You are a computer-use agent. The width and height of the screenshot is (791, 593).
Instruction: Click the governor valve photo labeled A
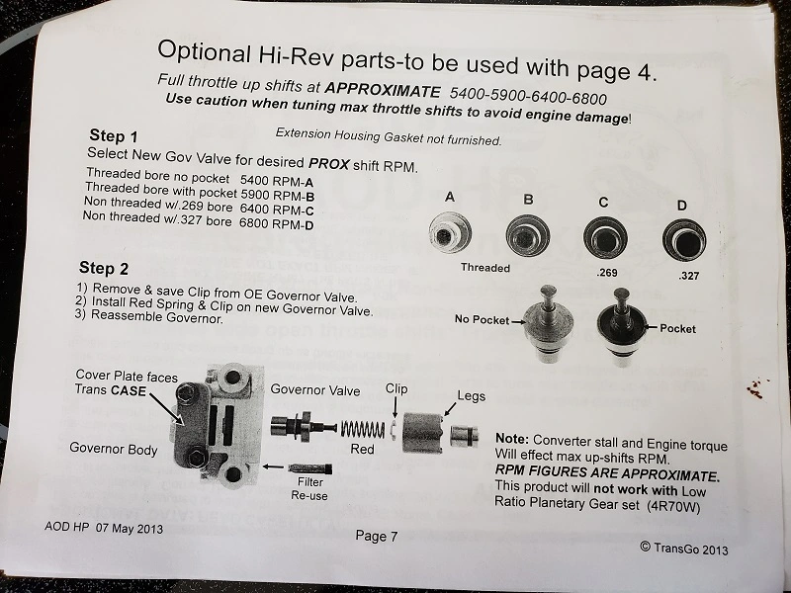(x=450, y=233)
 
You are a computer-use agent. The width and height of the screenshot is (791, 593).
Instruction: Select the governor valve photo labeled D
(x=684, y=240)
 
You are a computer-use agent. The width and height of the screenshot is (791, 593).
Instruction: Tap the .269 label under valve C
(x=606, y=273)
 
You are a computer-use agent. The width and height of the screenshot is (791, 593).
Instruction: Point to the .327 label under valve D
(x=688, y=276)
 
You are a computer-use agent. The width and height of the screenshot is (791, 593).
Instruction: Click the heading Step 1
(x=114, y=135)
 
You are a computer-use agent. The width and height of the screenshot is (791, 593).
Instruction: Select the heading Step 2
(x=104, y=268)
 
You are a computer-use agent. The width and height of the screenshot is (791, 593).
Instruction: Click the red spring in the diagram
(x=363, y=430)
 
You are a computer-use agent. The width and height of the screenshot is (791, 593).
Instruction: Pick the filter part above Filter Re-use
(x=309, y=468)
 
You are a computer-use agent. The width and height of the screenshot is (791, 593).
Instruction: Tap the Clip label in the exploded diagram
(x=396, y=388)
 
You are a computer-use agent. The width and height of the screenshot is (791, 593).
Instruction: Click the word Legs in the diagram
(x=472, y=396)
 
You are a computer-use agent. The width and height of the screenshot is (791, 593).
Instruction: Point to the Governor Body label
(x=114, y=449)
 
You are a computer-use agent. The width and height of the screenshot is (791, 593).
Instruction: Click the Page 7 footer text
(x=377, y=536)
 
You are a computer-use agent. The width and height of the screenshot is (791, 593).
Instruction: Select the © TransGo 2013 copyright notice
(x=684, y=548)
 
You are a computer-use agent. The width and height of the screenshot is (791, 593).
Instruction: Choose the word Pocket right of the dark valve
(x=677, y=329)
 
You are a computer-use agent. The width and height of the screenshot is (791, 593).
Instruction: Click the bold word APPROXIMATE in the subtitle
(x=383, y=90)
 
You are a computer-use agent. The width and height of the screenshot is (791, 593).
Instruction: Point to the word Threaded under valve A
(x=485, y=268)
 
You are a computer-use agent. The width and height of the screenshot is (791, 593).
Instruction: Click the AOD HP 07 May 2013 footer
(x=104, y=528)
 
